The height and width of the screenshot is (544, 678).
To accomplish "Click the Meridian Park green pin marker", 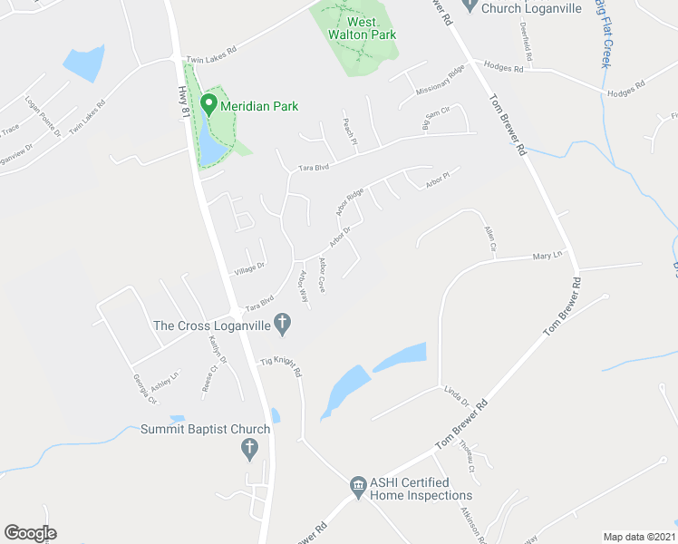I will [x=208, y=104].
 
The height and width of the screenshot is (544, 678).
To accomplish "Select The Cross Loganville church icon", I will [x=282, y=322].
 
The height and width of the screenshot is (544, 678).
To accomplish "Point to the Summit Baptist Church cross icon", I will [x=250, y=447].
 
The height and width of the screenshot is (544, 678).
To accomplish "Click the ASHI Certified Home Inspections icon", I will [x=359, y=487].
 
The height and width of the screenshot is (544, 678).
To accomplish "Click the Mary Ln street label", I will [x=547, y=256].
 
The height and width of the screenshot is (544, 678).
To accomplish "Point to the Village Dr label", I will [x=248, y=267].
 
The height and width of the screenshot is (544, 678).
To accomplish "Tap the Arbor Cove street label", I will [x=322, y=275].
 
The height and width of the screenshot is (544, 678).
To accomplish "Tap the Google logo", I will [x=30, y=533].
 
